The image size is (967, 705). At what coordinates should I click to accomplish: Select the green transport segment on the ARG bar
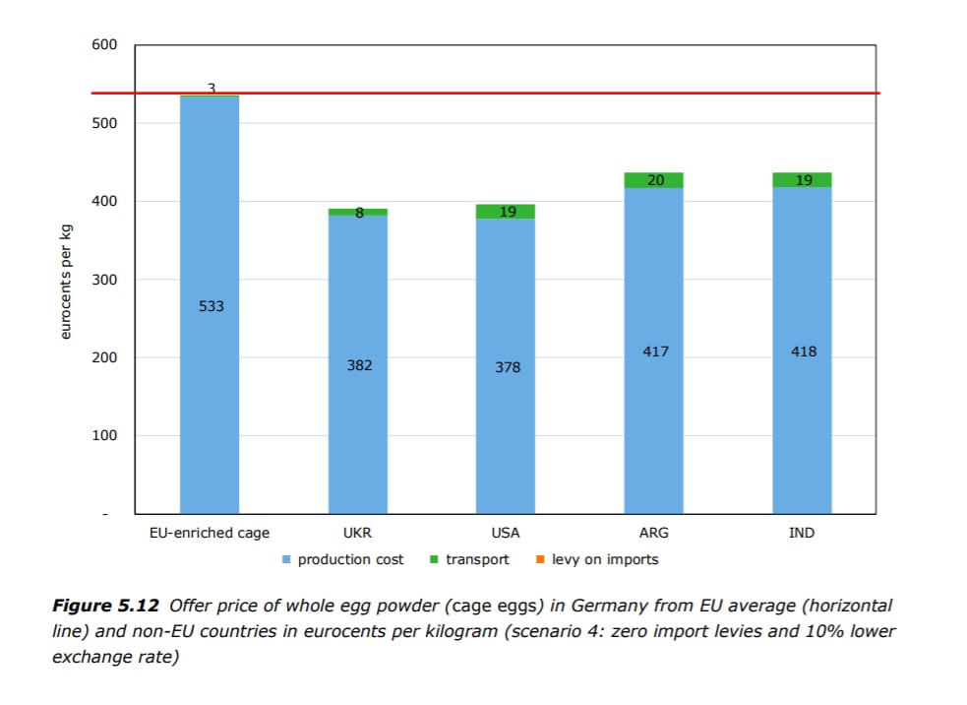655,180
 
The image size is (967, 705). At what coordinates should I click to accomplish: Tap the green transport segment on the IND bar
803,180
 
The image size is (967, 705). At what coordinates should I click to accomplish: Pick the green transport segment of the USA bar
506,211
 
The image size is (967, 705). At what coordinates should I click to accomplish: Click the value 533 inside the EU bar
211,306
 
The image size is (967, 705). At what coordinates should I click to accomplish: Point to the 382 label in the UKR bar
359,365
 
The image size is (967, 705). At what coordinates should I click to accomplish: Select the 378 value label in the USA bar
508,367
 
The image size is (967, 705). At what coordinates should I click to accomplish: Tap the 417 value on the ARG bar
655,351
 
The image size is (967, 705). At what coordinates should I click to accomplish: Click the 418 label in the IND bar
804,352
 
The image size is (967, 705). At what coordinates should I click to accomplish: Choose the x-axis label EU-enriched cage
210,533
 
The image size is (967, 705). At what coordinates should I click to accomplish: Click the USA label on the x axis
506,533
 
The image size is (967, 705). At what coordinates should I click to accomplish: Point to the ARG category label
654,533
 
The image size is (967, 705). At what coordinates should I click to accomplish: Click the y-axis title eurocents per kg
66,280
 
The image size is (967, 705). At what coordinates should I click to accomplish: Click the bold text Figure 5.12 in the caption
107,606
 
